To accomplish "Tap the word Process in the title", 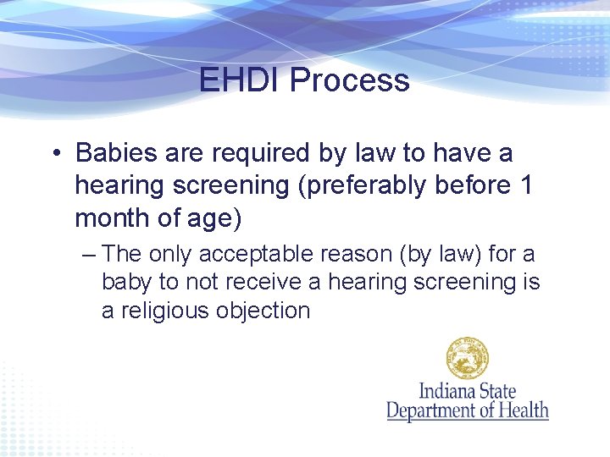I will (349, 80).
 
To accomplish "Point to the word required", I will (258, 154).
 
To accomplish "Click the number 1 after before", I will (525, 185).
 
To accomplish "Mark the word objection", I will (263, 311).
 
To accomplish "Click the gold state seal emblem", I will (468, 358).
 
